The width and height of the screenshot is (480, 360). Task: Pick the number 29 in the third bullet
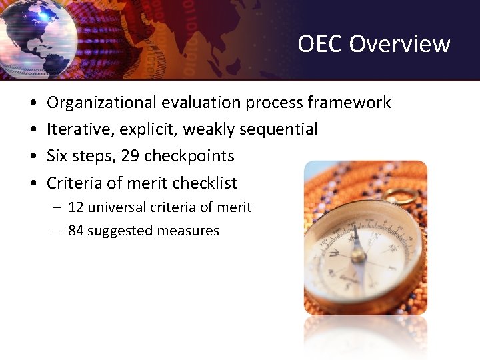[x=131, y=156]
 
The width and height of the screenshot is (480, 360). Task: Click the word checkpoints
[x=189, y=156]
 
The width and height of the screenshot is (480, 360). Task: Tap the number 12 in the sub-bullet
[x=76, y=207]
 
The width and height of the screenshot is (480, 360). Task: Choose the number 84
[x=76, y=231]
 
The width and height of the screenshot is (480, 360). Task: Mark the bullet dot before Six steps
[x=33, y=157]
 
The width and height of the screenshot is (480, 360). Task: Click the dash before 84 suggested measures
[x=57, y=231]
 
